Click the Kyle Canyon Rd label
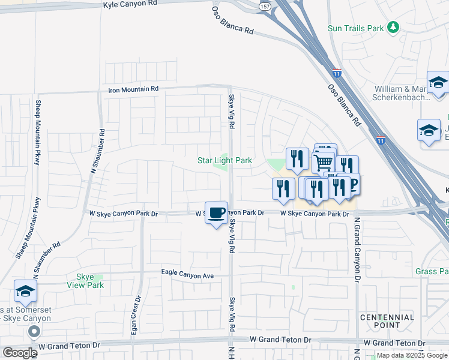[x=130, y=4]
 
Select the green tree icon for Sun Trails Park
[x=393, y=27]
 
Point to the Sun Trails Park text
[x=355, y=28]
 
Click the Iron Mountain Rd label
[x=133, y=89]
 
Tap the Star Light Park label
[x=224, y=160]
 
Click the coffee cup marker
[x=216, y=212]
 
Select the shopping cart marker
[x=323, y=161]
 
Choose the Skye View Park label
[x=89, y=281]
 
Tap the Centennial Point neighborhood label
[x=387, y=321]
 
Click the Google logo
[x=20, y=353]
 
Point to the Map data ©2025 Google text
[x=411, y=355]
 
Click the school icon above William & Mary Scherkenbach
[x=438, y=82]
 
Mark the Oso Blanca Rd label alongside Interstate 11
[x=344, y=104]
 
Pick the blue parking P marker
[x=352, y=184]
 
